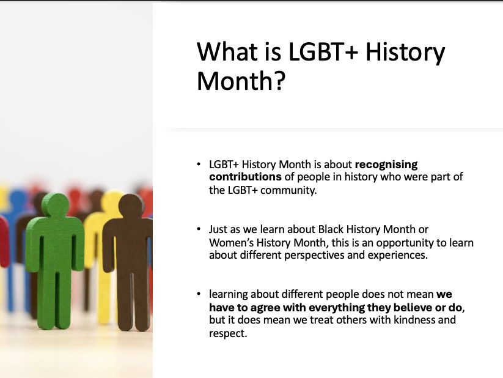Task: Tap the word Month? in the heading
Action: click(241, 81)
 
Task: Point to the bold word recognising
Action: click(386, 165)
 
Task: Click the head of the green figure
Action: click(56, 206)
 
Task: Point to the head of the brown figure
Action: click(130, 207)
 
